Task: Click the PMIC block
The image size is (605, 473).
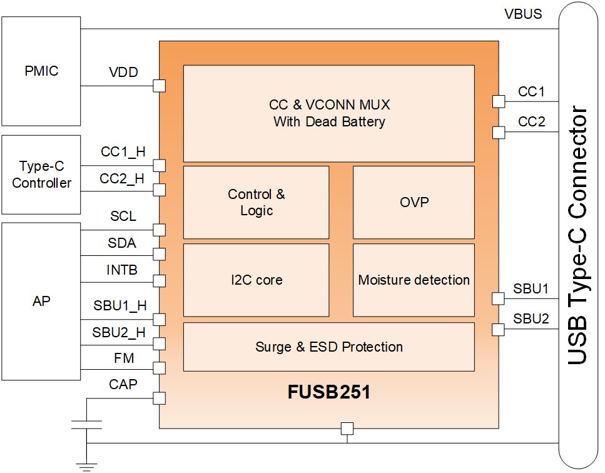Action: [41, 71]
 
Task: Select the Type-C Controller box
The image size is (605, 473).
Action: [41, 175]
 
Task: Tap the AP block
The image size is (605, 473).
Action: [41, 301]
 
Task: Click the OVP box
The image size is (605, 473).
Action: [414, 202]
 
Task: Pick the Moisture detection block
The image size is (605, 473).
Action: [414, 280]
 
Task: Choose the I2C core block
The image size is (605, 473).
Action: [256, 280]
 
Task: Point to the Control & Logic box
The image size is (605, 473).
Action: [256, 202]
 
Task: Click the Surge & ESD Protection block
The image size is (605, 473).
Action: [328, 347]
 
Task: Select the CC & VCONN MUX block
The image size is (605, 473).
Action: [328, 113]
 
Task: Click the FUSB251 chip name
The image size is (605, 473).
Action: [328, 394]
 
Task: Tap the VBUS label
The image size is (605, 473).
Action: [522, 14]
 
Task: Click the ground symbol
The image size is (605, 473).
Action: [86, 464]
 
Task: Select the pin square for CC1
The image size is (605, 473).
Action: [499, 101]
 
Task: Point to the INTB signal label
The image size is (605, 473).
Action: [122, 270]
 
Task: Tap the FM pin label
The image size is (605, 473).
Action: [123, 359]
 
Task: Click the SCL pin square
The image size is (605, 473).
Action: [160, 229]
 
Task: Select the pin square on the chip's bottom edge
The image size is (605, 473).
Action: [347, 429]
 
